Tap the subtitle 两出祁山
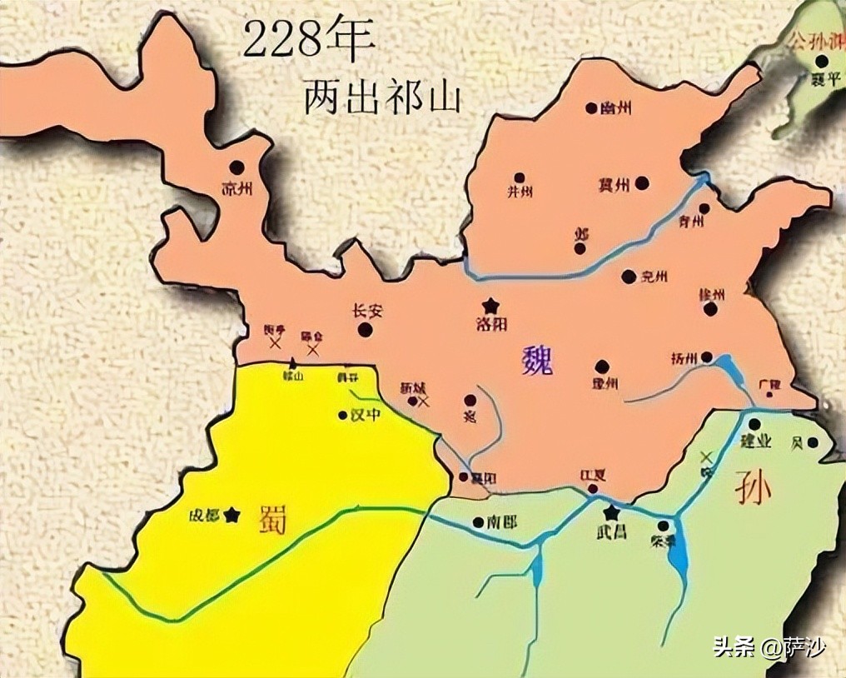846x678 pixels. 381,97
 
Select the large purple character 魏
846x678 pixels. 537,361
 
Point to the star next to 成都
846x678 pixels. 231,516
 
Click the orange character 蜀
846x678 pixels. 271,518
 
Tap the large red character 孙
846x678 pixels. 753,490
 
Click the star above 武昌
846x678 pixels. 612,511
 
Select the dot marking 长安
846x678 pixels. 365,330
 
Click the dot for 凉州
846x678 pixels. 237,167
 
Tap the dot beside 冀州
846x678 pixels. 642,183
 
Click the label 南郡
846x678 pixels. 501,522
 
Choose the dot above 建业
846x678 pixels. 754,425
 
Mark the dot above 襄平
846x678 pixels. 822,61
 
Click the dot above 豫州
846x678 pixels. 602,366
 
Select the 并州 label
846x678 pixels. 520,192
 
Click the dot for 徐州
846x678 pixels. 710,309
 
